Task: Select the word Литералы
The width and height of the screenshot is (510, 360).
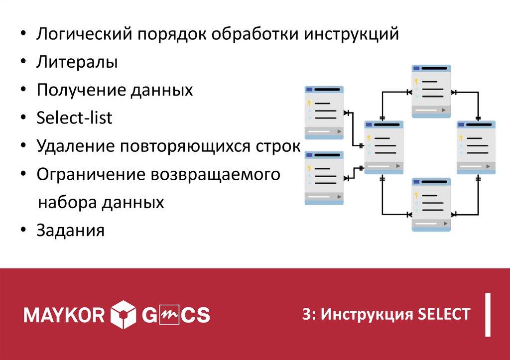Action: pos(77,63)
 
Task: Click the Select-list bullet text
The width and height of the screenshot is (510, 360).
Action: pos(75,118)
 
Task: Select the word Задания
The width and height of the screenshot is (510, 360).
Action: pos(70,231)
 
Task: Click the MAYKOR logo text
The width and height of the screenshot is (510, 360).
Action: pos(64,315)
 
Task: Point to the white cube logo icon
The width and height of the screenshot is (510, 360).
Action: pos(123,314)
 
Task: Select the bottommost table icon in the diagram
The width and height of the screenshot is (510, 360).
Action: pos(431,205)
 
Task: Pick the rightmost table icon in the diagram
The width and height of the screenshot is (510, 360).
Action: pos(476,147)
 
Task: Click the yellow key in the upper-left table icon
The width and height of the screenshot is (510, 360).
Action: pos(309,103)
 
